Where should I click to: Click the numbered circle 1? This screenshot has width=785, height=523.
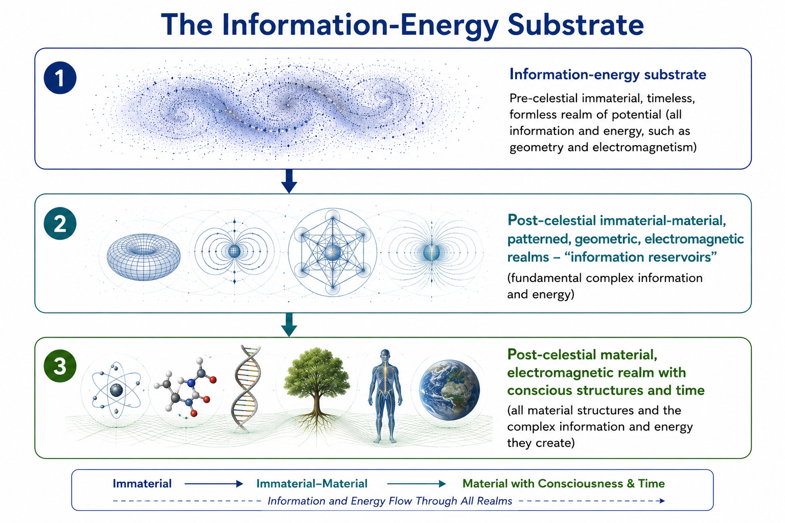(x=60, y=78)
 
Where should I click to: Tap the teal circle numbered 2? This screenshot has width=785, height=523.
(x=60, y=224)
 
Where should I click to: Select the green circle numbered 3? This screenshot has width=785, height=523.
(x=60, y=366)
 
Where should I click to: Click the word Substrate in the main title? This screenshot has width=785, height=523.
(x=575, y=25)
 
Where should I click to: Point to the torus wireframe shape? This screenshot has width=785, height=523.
(x=144, y=257)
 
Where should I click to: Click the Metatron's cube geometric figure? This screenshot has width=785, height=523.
(x=333, y=252)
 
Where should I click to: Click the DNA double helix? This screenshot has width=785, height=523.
(x=246, y=389)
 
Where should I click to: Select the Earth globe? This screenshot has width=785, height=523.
(x=450, y=390)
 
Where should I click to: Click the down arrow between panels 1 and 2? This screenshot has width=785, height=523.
(x=289, y=181)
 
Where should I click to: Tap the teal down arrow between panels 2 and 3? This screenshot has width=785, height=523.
(x=289, y=325)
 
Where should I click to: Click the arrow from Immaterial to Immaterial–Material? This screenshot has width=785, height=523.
(x=214, y=484)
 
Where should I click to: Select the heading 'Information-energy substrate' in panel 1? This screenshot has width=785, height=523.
(x=608, y=75)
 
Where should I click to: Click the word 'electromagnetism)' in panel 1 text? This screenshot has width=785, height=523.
(x=644, y=147)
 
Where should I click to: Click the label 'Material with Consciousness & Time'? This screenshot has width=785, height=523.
(x=564, y=483)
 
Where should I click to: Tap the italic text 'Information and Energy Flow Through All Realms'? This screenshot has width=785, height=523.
(x=390, y=501)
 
